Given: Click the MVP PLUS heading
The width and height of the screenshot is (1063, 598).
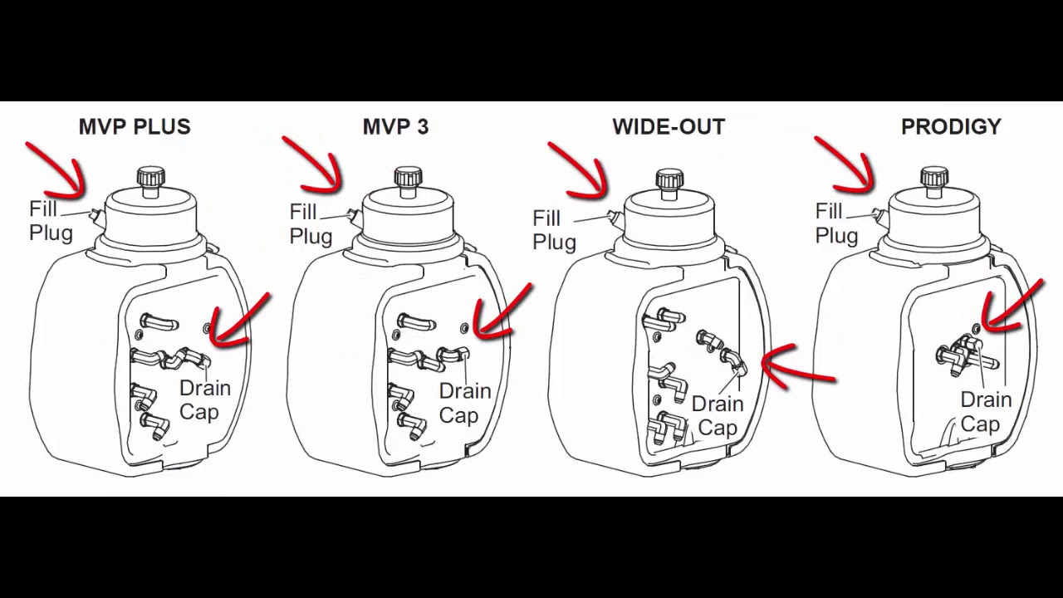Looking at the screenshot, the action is click(135, 127).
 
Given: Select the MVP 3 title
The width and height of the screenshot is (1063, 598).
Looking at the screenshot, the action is click(396, 127).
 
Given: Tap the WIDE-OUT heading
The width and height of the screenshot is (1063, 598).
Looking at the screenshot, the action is click(669, 127).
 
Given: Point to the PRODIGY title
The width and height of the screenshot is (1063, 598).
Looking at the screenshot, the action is click(951, 127).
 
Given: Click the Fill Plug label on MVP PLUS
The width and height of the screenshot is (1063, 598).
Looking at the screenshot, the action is click(51, 221).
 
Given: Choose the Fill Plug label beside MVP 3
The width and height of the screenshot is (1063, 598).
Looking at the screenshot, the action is click(311, 224).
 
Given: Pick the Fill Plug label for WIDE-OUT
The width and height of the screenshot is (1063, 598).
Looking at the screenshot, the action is click(554, 231).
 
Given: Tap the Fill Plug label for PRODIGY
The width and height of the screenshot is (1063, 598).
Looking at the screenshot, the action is click(837, 223).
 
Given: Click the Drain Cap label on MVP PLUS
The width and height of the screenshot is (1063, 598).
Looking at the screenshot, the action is click(205, 400).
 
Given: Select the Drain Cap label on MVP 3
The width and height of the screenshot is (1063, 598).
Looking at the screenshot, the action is click(465, 404).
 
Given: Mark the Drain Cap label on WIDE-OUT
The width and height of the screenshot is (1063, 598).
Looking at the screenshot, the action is click(718, 416).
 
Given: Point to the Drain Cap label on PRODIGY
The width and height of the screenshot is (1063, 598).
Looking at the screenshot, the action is click(986, 412).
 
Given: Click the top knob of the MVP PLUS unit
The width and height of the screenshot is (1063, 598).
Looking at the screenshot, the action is click(151, 177).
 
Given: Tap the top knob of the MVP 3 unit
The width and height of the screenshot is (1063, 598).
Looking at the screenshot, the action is click(408, 177).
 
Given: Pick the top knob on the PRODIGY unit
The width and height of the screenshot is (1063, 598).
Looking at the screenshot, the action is click(935, 177).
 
